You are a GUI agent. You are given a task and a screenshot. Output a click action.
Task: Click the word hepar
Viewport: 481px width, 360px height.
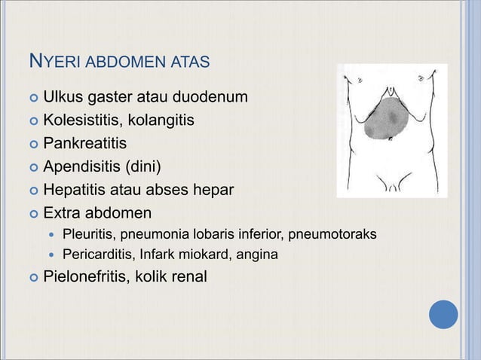click(x=214, y=188)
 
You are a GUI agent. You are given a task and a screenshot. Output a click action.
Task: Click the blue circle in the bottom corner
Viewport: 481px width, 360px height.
click(x=444, y=314)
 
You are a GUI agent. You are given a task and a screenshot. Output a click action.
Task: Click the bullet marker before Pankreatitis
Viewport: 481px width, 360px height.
click(x=32, y=144)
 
